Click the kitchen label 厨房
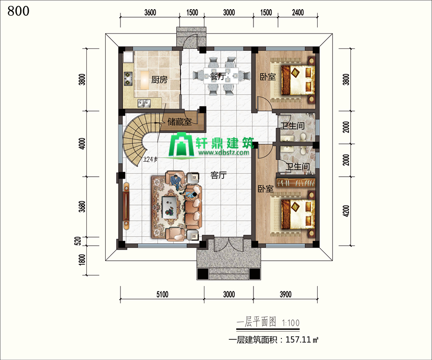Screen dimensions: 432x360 159,80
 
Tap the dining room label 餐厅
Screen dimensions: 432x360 217,76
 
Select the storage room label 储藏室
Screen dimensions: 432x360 180,121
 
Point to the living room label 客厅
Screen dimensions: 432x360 218,175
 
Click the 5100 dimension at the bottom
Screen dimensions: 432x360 162,294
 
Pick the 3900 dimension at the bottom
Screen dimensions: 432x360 286,294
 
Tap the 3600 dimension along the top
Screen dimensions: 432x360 150,12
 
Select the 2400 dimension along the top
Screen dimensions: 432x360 298,12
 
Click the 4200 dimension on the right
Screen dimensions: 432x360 346,211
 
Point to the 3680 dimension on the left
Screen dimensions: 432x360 82,206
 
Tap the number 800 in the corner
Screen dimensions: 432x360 18,11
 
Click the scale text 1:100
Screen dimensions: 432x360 291,323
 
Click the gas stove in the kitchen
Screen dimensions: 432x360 128,78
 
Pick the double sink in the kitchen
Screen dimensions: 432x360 144,103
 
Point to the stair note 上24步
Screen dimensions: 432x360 150,159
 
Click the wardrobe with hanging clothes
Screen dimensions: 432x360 296,182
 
